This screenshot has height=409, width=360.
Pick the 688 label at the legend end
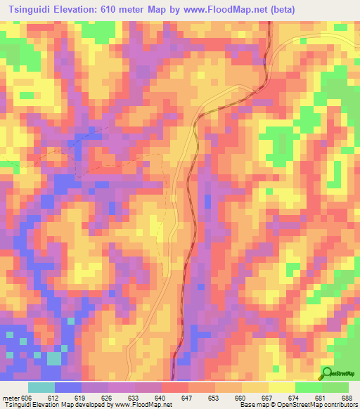click(347, 397)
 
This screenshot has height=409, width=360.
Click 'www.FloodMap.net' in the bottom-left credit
click(144, 405)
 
